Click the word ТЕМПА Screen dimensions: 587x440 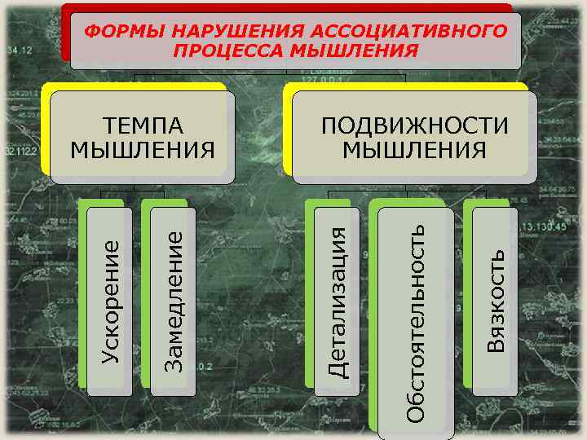point(143,126)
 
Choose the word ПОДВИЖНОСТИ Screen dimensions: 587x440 point(414,126)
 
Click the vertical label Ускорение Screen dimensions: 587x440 point(111,298)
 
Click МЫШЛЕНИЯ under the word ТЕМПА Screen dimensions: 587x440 point(143,150)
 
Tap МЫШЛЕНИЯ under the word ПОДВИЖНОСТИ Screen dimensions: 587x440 point(414,150)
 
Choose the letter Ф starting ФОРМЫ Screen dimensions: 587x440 point(91,32)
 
